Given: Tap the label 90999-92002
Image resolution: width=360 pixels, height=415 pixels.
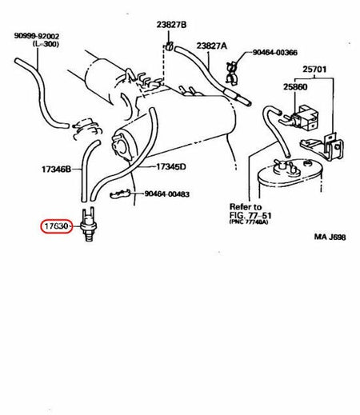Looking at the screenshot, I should click(x=37, y=35).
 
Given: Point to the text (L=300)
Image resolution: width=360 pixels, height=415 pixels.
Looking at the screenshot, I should click(x=47, y=44).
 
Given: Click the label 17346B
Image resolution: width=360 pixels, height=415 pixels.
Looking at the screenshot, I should click(x=56, y=170).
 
